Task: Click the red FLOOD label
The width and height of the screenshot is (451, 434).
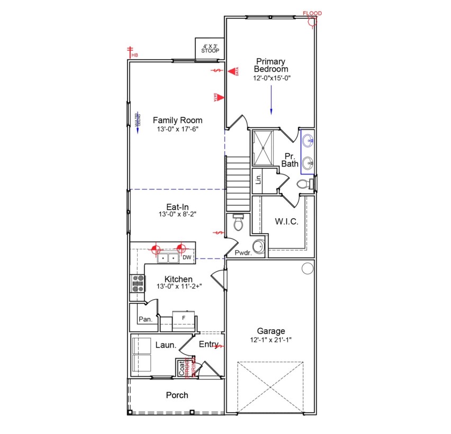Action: [312, 13]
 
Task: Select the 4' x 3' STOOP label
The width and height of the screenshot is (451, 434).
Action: [210, 48]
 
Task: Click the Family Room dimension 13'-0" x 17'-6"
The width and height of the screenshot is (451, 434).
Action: [177, 128]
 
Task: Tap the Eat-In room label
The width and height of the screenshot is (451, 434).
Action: [177, 207]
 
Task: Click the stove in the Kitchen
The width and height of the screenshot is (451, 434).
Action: [138, 283]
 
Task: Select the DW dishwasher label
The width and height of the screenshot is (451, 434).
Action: [186, 258]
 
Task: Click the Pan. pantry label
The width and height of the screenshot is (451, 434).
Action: [145, 319]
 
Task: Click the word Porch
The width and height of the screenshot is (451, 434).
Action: [177, 395]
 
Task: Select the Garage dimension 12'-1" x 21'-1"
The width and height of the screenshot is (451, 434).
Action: [270, 339]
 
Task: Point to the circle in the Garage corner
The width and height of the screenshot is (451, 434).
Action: [307, 269]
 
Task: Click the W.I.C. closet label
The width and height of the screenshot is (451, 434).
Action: [286, 221]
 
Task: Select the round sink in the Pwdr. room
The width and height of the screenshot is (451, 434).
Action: [258, 247]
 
